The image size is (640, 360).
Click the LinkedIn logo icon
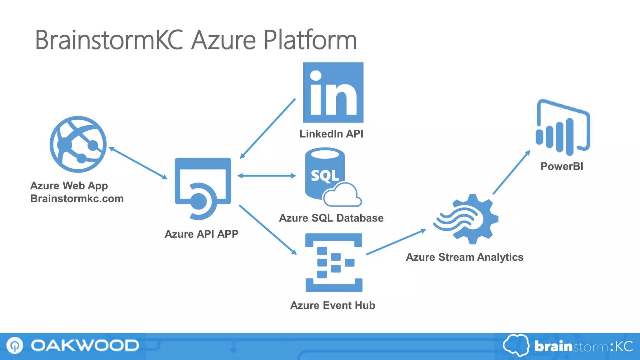pyautogui.click(x=333, y=92)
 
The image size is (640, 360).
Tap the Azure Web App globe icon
pyautogui.click(x=78, y=144)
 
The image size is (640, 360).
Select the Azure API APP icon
pyautogui.click(x=203, y=187)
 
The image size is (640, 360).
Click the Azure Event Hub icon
pyautogui.click(x=334, y=262)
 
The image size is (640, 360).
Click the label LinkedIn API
pyautogui.click(x=331, y=134)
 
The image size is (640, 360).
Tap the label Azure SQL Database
pyautogui.click(x=331, y=218)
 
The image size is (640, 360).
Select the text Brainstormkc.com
pyautogui.click(x=77, y=199)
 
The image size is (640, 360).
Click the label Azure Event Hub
pyautogui.click(x=332, y=305)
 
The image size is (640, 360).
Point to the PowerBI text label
pyautogui.click(x=562, y=166)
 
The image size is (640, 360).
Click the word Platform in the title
pyautogui.click(x=310, y=40)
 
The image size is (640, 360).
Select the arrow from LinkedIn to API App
pyautogui.click(x=267, y=129)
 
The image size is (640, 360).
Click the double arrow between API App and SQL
pyautogui.click(x=267, y=176)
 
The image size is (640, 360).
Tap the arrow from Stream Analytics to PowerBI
pyautogui.click(x=512, y=172)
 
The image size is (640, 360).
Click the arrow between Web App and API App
pyautogui.click(x=138, y=163)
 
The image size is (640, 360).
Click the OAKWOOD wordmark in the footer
pyautogui.click(x=85, y=346)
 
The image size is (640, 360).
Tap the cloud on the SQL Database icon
pyautogui.click(x=342, y=195)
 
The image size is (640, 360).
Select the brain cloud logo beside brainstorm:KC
pyautogui.click(x=516, y=345)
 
